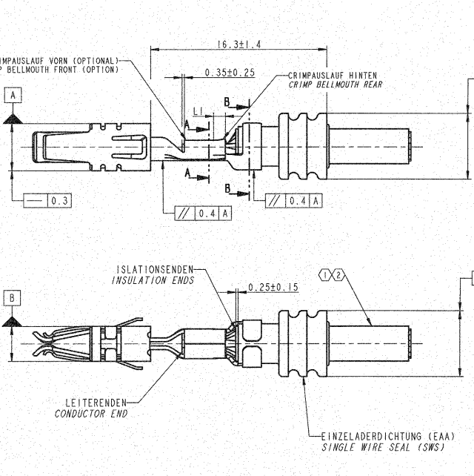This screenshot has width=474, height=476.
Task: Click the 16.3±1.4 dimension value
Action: pos(238,45)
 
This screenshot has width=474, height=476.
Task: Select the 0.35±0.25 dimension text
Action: pos(230,73)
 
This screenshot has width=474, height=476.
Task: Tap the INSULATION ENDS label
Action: pos(153,280)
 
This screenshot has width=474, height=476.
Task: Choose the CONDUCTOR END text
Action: pos(91,414)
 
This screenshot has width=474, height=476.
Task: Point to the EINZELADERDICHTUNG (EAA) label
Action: pos(387,437)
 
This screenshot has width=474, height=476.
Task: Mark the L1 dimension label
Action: pos(198,110)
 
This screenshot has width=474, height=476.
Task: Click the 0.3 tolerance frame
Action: pos(47,200)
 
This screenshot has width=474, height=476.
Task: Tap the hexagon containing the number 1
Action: pos(326,276)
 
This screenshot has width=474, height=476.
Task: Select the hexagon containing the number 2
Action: pos(338,276)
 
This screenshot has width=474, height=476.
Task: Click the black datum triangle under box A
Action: pos(13,117)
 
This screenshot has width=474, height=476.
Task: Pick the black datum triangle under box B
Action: pos(12,320)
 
